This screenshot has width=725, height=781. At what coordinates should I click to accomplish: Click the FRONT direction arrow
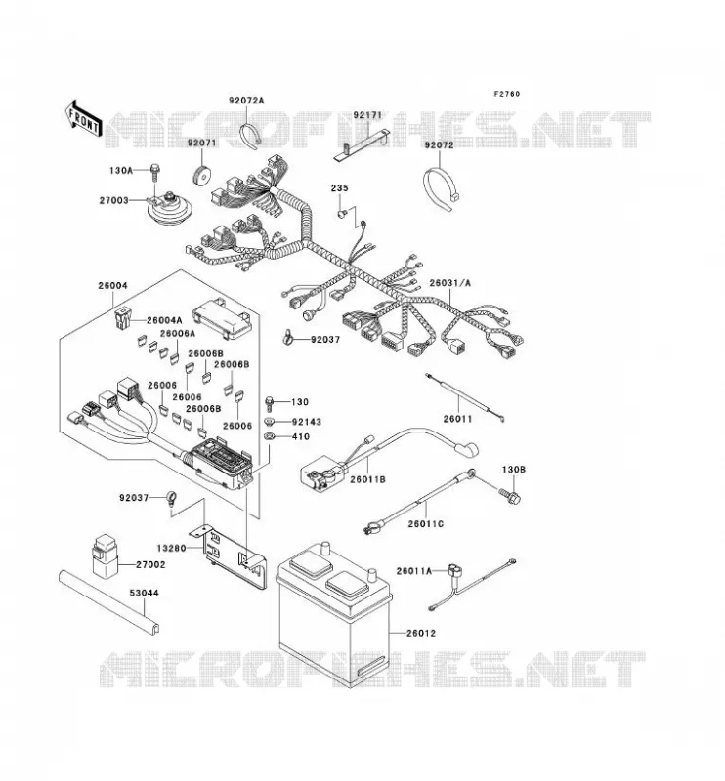tap(84, 119)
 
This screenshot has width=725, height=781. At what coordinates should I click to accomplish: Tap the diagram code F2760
tap(506, 94)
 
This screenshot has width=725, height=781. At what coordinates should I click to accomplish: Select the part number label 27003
tap(113, 200)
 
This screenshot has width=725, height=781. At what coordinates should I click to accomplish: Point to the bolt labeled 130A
tap(154, 172)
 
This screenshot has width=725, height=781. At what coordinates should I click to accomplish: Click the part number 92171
tap(367, 115)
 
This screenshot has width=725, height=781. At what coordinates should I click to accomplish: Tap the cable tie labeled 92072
tap(441, 188)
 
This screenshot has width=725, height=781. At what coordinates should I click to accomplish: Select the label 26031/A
tap(449, 283)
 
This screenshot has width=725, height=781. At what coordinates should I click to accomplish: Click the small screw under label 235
tap(342, 213)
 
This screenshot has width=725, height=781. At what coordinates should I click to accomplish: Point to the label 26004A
tap(164, 320)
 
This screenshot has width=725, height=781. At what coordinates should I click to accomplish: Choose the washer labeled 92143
tap(270, 422)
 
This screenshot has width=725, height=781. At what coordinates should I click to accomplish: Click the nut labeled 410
tap(270, 436)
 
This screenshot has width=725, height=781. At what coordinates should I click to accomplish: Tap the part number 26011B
tap(367, 479)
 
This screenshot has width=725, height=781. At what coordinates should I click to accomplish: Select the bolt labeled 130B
tap(510, 495)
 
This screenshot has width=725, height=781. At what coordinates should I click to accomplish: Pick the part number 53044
tap(144, 593)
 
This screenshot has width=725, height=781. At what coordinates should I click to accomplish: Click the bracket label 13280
tap(171, 548)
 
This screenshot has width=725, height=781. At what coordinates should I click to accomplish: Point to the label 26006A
tap(178, 333)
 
